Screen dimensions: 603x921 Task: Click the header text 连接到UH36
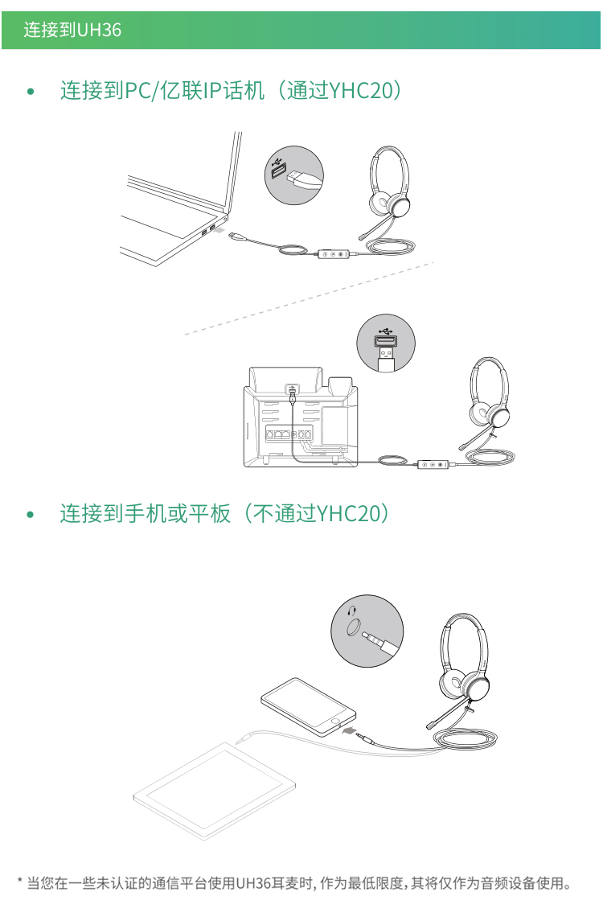pyautogui.click(x=72, y=30)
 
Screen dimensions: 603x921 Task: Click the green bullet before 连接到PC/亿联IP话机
pyautogui.click(x=31, y=92)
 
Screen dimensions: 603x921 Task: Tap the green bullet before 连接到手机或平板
pyautogui.click(x=31, y=515)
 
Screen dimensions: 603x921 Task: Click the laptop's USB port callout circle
pyautogui.click(x=293, y=175)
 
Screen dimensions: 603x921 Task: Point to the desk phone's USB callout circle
pyautogui.click(x=386, y=343)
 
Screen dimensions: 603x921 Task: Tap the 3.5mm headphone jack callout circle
pyautogui.click(x=367, y=631)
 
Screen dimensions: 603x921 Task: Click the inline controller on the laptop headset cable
pyautogui.click(x=334, y=254)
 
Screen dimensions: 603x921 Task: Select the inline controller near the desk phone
pyautogui.click(x=433, y=464)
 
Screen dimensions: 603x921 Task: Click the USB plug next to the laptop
pyautogui.click(x=236, y=236)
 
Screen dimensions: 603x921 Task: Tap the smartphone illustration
pyautogui.click(x=308, y=706)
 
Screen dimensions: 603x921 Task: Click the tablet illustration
pyautogui.click(x=215, y=791)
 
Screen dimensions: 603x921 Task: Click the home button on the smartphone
pyautogui.click(x=335, y=720)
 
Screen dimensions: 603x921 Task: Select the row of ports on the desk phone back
pyautogui.click(x=289, y=434)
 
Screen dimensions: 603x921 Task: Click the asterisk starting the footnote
pyautogui.click(x=19, y=881)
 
